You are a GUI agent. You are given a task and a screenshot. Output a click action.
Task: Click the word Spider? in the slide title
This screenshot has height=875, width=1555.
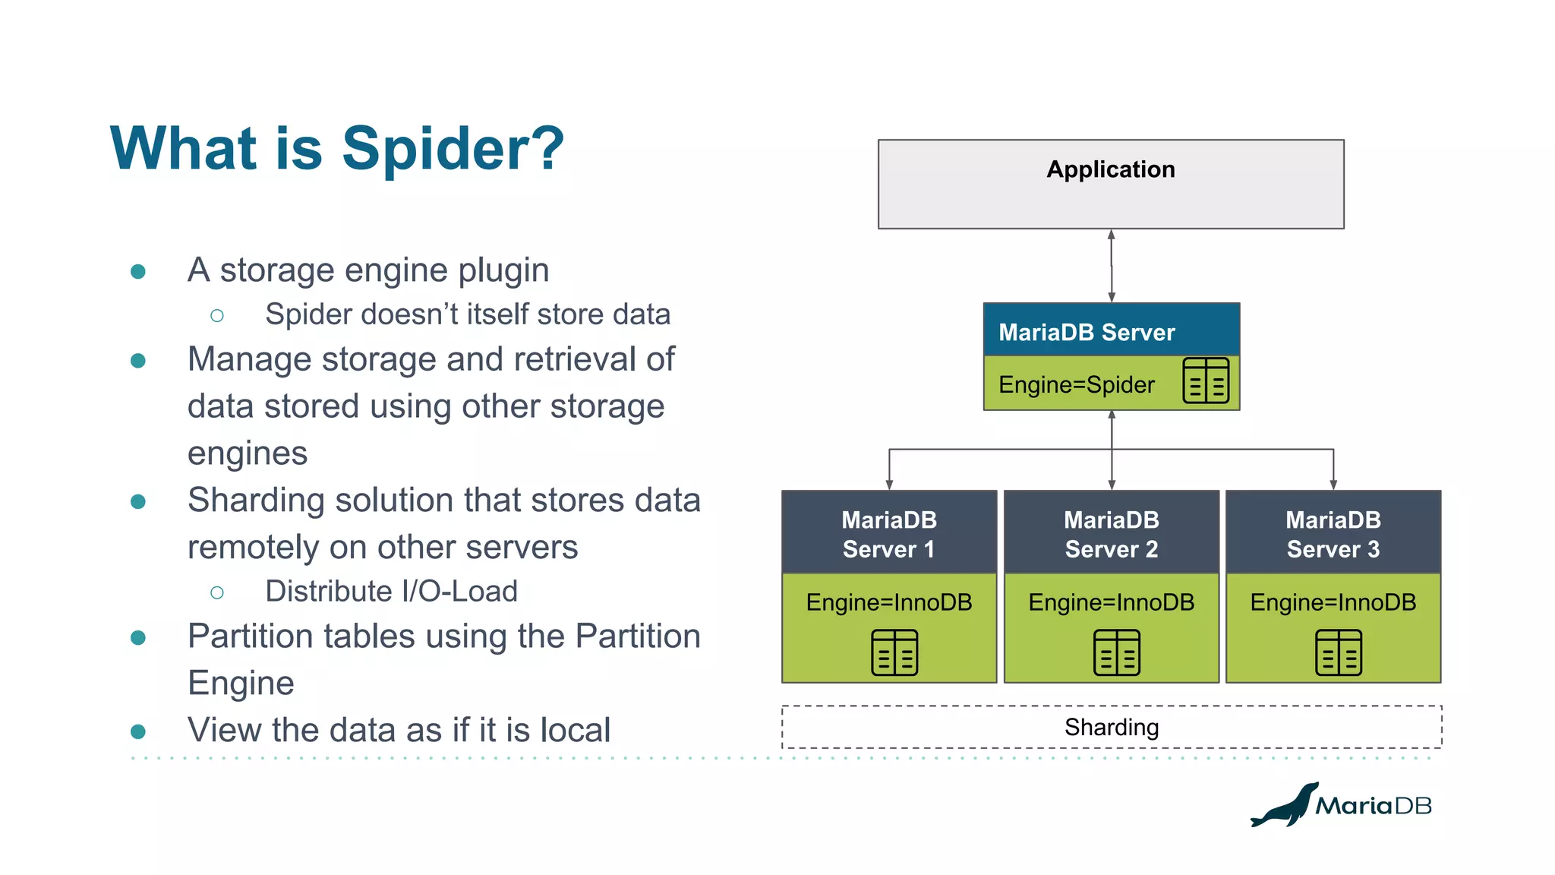pyautogui.click(x=453, y=149)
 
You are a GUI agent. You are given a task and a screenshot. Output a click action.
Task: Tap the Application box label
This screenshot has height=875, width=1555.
pyautogui.click(x=1110, y=169)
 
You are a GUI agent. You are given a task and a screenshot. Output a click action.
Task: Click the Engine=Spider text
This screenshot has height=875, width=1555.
pyautogui.click(x=1076, y=384)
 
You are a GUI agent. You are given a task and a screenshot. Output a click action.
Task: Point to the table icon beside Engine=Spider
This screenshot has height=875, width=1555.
pyautogui.click(x=1205, y=381)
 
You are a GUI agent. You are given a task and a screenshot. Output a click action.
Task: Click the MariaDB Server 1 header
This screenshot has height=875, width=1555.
pyautogui.click(x=888, y=534)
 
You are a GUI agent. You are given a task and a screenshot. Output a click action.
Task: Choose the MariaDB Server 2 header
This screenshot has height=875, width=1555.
pyautogui.click(x=1111, y=534)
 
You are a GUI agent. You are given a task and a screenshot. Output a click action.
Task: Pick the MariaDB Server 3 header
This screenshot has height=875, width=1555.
pyautogui.click(x=1333, y=534)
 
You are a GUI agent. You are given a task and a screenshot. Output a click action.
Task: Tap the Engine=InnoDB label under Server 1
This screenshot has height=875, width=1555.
pyautogui.click(x=888, y=602)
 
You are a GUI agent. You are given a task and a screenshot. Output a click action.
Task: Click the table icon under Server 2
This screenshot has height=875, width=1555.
pyautogui.click(x=1116, y=652)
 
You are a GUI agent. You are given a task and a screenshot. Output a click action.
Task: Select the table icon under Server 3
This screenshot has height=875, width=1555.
pyautogui.click(x=1338, y=652)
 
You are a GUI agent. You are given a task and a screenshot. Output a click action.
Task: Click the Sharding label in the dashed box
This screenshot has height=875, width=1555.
pyautogui.click(x=1111, y=728)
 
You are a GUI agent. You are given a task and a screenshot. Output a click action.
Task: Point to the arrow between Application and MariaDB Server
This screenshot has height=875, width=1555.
pyautogui.click(x=1111, y=266)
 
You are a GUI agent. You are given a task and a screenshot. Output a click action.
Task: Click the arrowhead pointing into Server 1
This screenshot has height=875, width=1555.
pyautogui.click(x=889, y=484)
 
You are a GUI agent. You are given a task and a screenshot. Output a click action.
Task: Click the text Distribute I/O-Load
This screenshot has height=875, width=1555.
pyautogui.click(x=391, y=591)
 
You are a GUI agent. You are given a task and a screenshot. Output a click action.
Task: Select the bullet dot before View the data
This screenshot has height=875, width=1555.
pyautogui.click(x=138, y=731)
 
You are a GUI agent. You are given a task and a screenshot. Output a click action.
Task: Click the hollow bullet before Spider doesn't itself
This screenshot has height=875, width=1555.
pyautogui.click(x=217, y=315)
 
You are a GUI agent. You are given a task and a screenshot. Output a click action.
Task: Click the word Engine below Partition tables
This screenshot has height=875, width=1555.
pyautogui.click(x=241, y=683)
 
